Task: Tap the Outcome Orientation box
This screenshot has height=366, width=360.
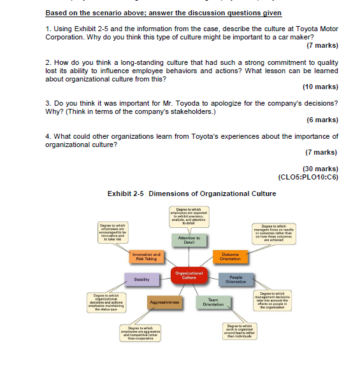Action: point(230,256)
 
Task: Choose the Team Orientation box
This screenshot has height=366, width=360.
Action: point(213,302)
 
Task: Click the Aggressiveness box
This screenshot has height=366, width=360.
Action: point(164,302)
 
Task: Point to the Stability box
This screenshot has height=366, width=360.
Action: point(141,279)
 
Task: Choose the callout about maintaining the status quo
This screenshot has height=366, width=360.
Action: point(112,303)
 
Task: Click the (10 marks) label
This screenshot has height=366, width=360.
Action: point(320,87)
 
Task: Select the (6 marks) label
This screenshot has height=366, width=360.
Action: point(322,120)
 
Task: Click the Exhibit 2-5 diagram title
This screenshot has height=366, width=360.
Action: point(192,194)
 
